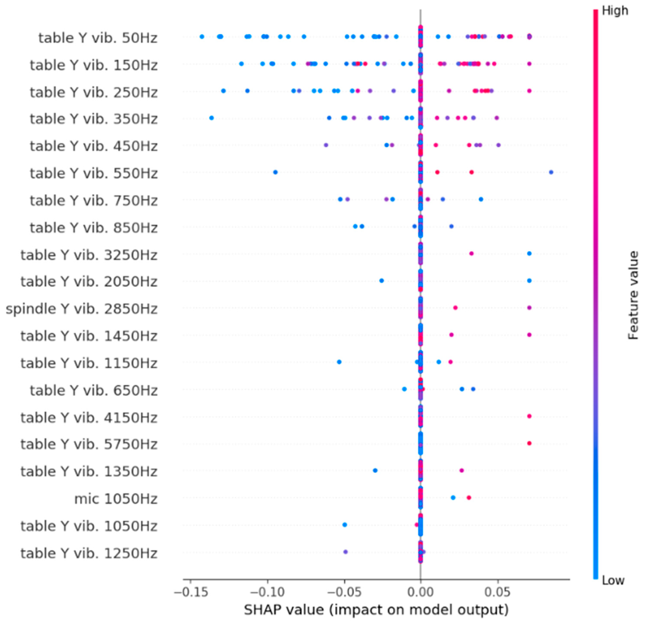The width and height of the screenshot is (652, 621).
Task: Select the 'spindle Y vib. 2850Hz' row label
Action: [x=81, y=309]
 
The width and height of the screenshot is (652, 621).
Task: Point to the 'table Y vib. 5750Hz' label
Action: [x=89, y=444]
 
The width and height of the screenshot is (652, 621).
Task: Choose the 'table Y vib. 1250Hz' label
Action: [x=89, y=553]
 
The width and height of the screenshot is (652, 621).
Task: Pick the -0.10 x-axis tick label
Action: [x=267, y=592]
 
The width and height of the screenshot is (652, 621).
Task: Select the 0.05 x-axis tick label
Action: [x=497, y=592]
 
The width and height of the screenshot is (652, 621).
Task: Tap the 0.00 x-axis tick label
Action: [x=421, y=592]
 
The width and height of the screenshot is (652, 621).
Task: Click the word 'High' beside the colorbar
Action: [x=615, y=11]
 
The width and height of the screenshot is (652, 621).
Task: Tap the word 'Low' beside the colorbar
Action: [x=613, y=580]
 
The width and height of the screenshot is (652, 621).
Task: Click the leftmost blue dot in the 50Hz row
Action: [x=202, y=36]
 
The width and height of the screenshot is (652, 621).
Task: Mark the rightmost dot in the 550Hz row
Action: [x=551, y=172]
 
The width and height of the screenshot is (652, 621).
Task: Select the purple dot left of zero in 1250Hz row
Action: [x=345, y=552]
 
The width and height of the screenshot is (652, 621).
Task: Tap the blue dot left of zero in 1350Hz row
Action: [x=375, y=470]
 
